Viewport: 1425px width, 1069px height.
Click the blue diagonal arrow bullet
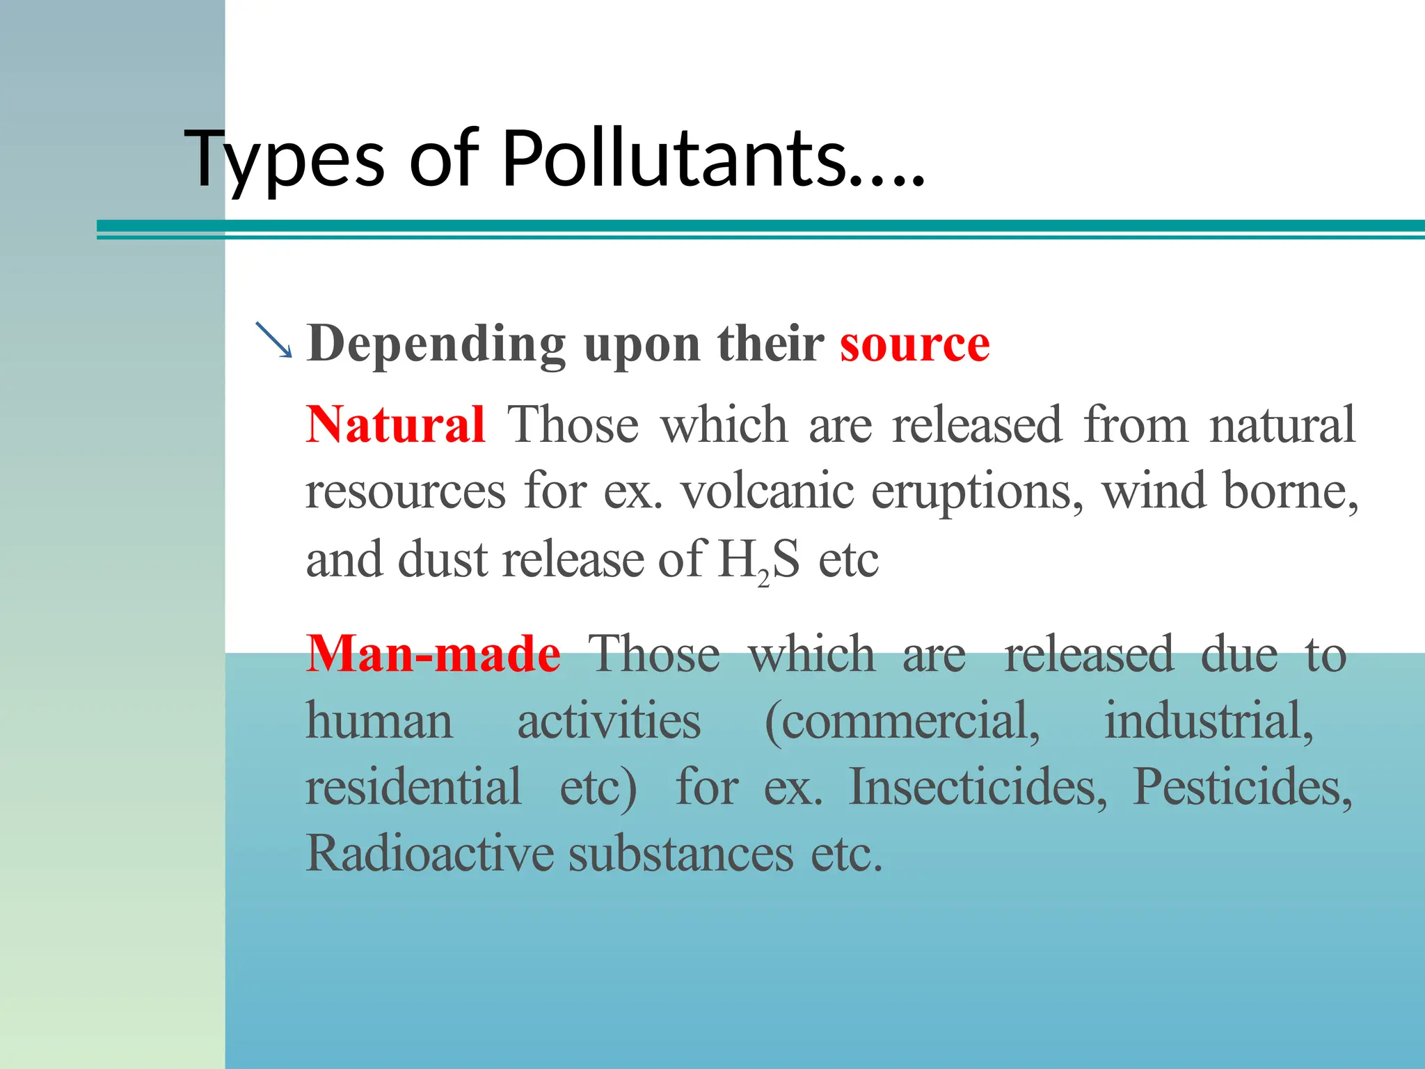click(x=273, y=340)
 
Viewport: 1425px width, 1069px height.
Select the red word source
click(x=914, y=344)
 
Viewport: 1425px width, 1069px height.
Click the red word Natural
click(x=395, y=425)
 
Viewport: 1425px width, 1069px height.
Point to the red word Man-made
click(x=433, y=654)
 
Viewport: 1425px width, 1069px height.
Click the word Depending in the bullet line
click(x=436, y=344)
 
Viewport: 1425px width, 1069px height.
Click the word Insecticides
click(x=978, y=787)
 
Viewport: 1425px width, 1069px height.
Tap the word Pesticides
click(x=1243, y=787)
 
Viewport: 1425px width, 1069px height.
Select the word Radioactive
click(x=429, y=854)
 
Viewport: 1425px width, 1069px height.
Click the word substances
click(x=680, y=854)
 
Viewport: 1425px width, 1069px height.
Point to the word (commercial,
click(x=902, y=722)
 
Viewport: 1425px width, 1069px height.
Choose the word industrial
click(x=1209, y=722)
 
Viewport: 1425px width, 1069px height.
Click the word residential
click(x=413, y=787)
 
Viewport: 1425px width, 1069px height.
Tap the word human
click(x=379, y=722)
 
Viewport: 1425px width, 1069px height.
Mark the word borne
click(x=1290, y=491)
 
